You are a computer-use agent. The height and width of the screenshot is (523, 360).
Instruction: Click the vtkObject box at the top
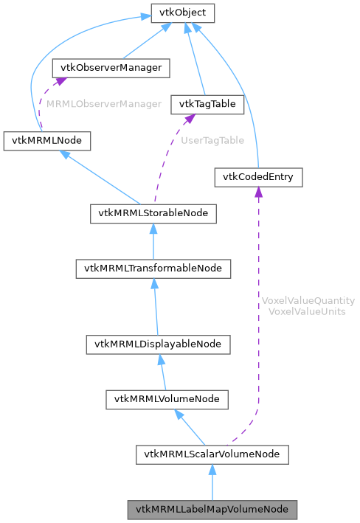click(183, 13)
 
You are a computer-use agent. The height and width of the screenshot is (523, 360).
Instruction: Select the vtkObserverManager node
click(111, 68)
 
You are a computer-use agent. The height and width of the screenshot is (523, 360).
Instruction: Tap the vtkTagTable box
click(207, 104)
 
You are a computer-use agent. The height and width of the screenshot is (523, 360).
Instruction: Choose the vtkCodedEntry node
click(257, 176)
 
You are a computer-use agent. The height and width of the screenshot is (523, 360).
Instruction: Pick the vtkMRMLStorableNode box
click(153, 213)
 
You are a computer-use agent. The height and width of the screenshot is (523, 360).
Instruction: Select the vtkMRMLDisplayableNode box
click(159, 344)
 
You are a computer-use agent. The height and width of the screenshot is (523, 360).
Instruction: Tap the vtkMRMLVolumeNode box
click(166, 399)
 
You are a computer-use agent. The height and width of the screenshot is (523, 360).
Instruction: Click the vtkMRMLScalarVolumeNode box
click(212, 454)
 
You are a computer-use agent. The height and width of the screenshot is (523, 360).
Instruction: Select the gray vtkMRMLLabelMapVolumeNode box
click(212, 509)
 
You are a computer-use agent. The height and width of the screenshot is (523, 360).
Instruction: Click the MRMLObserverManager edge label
click(103, 104)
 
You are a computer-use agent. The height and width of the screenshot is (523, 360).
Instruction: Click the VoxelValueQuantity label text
click(308, 301)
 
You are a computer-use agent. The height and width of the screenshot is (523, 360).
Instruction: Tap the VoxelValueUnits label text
click(308, 311)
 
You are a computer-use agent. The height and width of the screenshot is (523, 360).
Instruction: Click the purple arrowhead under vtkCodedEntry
click(257, 192)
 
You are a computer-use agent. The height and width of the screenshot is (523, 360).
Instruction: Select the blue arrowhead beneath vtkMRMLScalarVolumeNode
click(212, 470)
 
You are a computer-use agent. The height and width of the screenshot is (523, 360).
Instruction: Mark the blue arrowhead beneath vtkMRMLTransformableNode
click(154, 284)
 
